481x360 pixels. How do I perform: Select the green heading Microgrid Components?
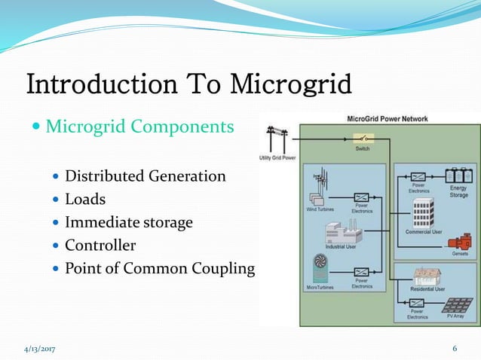(139, 126)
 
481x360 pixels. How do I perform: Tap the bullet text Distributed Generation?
(145, 176)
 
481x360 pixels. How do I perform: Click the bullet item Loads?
(86, 200)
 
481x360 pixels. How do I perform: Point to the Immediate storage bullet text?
(128, 222)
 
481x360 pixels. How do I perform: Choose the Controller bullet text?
(100, 245)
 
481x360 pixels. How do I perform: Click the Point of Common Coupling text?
(160, 268)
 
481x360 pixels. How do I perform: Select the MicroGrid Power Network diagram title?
(386, 118)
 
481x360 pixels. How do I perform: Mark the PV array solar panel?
(456, 307)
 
